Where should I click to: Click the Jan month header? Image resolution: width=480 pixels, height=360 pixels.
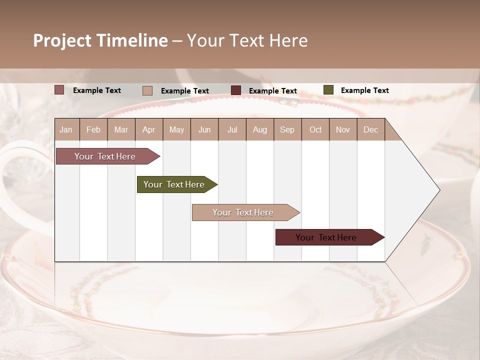66,130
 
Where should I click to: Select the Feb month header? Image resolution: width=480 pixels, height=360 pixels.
93,130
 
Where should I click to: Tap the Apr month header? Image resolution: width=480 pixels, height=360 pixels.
148,130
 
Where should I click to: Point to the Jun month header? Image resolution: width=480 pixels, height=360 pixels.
204,130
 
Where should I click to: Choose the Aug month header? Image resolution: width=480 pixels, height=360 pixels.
260,130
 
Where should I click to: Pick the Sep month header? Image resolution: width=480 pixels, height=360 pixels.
287,130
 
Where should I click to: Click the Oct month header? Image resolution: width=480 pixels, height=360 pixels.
315,130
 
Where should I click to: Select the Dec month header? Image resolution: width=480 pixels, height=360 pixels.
371,130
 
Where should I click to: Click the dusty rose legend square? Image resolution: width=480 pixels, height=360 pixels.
59,90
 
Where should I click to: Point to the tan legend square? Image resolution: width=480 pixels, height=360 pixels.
147,90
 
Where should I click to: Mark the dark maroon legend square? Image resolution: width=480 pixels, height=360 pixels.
236,90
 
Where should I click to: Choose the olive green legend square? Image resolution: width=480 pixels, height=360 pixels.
328,90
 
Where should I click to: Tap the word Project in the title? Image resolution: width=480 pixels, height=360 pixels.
62,40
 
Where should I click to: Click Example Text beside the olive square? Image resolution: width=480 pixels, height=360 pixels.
364,90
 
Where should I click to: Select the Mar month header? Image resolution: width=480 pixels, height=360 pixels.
121,130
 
